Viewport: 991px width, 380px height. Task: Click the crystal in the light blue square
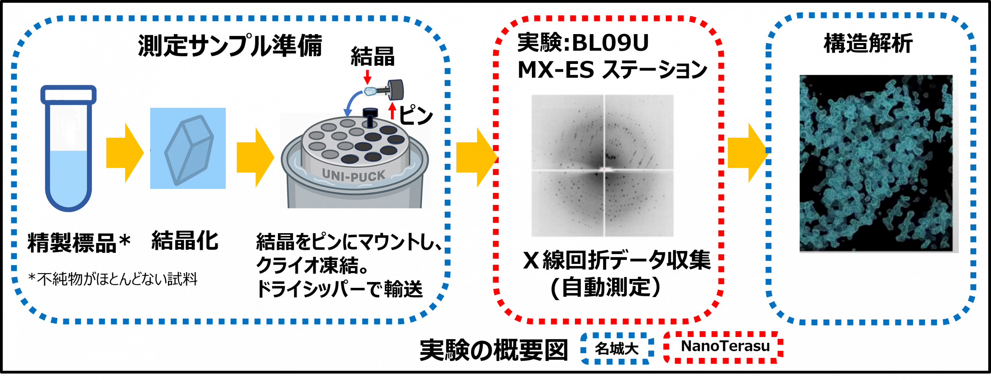[189, 150]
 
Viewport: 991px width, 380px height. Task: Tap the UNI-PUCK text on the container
[353, 175]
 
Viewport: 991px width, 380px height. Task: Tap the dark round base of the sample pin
[396, 89]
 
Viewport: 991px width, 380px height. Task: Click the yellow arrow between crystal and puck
[255, 157]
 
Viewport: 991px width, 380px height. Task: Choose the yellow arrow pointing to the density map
[748, 153]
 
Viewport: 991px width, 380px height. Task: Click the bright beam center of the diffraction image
[604, 169]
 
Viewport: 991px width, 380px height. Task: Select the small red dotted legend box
[723, 347]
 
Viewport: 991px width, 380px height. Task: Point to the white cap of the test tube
[69, 95]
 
